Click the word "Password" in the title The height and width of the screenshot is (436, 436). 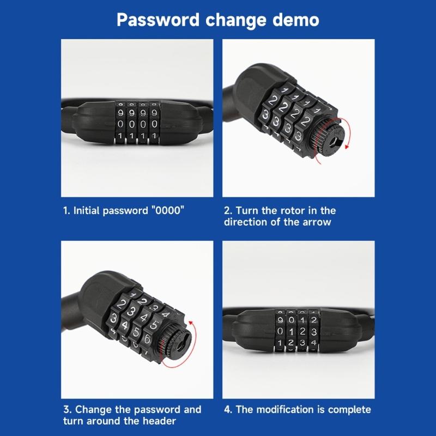pos(158,20)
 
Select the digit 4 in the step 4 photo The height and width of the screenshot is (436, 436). pos(312,343)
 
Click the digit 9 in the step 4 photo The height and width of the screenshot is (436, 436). pos(280,319)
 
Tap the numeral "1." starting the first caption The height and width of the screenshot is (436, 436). pos(66,210)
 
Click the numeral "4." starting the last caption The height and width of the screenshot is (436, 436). pos(228,409)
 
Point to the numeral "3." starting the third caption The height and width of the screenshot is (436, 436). pos(66,409)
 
